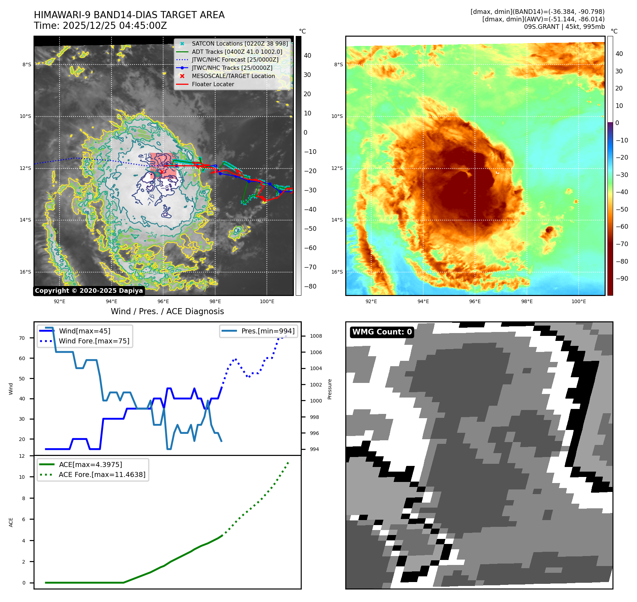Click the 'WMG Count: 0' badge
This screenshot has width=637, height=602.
coord(382,332)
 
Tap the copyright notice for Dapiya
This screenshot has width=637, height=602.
coord(89,291)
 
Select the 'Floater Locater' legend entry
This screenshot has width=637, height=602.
coord(213,84)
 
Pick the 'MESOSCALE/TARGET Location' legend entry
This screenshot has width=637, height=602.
coord(233,76)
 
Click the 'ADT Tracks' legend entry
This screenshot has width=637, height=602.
coord(237,52)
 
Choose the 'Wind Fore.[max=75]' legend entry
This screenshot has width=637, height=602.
coord(94,341)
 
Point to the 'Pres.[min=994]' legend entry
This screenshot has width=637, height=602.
coord(268,331)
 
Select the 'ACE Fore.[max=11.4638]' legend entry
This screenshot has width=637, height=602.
coord(102,475)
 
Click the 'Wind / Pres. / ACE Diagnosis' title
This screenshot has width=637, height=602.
coord(167,312)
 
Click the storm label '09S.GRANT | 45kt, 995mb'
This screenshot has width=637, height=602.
coord(564,27)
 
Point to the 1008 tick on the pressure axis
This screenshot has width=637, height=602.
coord(316,336)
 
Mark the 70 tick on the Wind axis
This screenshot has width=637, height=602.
coord(22,338)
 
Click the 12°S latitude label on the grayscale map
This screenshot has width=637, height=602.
coord(26,168)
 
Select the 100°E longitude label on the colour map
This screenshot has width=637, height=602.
coord(579,302)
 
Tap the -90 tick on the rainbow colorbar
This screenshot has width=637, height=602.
coord(622,279)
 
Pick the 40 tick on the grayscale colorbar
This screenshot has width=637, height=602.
coord(307,56)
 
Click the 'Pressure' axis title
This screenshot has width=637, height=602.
coord(330,389)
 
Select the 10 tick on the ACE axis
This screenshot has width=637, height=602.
coord(22,477)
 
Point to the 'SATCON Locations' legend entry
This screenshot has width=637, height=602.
coord(239,44)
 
